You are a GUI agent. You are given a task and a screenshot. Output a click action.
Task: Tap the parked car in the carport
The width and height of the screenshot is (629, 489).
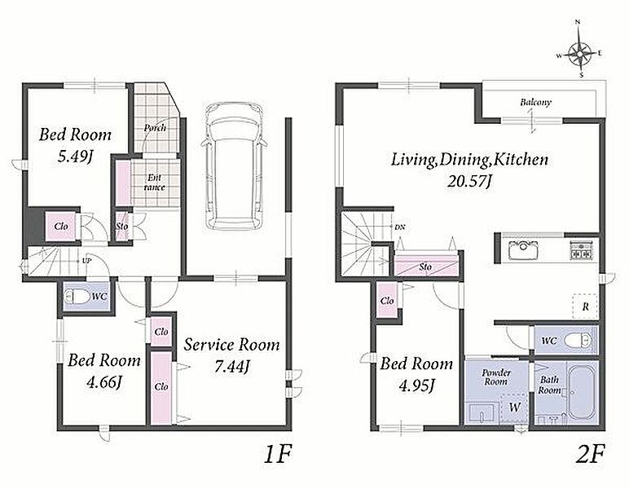pyautogui.click(x=234, y=165)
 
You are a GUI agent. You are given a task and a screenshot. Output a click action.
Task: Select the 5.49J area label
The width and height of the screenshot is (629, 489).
pyautogui.click(x=75, y=156)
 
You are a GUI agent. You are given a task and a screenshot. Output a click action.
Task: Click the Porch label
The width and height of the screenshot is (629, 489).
pyautogui.click(x=155, y=128)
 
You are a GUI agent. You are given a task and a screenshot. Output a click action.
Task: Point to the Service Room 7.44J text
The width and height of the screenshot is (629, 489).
pyautogui.click(x=232, y=355)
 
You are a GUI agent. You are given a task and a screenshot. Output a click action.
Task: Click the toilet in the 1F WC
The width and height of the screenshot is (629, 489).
pyautogui.click(x=78, y=297)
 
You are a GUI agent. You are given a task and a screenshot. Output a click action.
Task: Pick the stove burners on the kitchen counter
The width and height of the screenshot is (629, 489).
pyautogui.click(x=581, y=249)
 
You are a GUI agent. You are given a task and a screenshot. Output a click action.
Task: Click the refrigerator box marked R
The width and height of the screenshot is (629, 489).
pyautogui.click(x=585, y=306)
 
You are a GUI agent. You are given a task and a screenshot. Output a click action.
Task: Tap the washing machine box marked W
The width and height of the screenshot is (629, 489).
pyautogui.click(x=514, y=407)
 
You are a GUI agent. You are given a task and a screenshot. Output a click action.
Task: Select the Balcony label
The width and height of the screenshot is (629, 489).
pyautogui.click(x=535, y=103)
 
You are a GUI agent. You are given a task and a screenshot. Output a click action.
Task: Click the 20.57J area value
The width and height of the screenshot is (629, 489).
pyautogui.click(x=469, y=181)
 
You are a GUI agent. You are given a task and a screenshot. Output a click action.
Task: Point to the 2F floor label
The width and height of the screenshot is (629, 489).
pyautogui.click(x=589, y=454)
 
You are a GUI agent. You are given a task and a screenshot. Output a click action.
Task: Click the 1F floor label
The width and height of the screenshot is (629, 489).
pyautogui.click(x=277, y=454)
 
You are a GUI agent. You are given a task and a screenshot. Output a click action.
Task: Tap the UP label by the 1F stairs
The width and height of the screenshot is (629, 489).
pyautogui.click(x=86, y=261)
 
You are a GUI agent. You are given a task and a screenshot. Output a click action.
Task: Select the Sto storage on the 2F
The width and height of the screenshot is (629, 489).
pyautogui.click(x=425, y=264)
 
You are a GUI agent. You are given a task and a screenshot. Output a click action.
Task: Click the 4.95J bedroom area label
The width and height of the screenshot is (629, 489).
pyautogui.click(x=416, y=386)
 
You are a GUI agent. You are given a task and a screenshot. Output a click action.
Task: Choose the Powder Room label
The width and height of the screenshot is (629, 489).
pyautogui.click(x=496, y=377)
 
